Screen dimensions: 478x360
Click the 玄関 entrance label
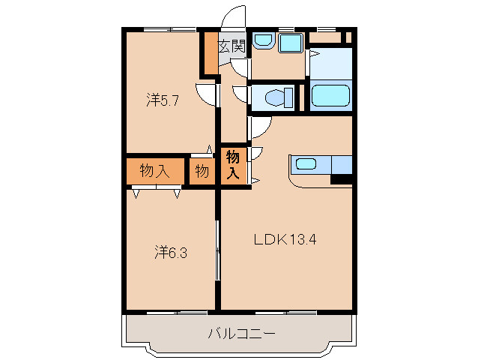coord(232,46)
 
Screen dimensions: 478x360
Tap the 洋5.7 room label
coord(163,100)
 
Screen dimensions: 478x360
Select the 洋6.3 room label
coord(171,253)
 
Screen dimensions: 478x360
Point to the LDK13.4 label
coord(285,239)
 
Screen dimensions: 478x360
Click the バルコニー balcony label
coord(241,334)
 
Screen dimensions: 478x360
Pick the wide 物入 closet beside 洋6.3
coord(155,171)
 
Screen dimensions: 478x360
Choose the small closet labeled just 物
coord(202,171)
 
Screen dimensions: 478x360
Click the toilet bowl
coord(279,97)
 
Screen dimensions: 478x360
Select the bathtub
coord(330,95)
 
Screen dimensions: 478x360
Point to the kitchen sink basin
coord(306,164)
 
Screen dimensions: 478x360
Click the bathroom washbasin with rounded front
coord(264,41)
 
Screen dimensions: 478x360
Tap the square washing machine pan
coord(291,43)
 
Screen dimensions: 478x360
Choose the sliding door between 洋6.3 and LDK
coord(218,250)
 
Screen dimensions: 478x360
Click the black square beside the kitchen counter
coord(342,179)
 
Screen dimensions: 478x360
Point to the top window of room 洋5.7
coord(169,29)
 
